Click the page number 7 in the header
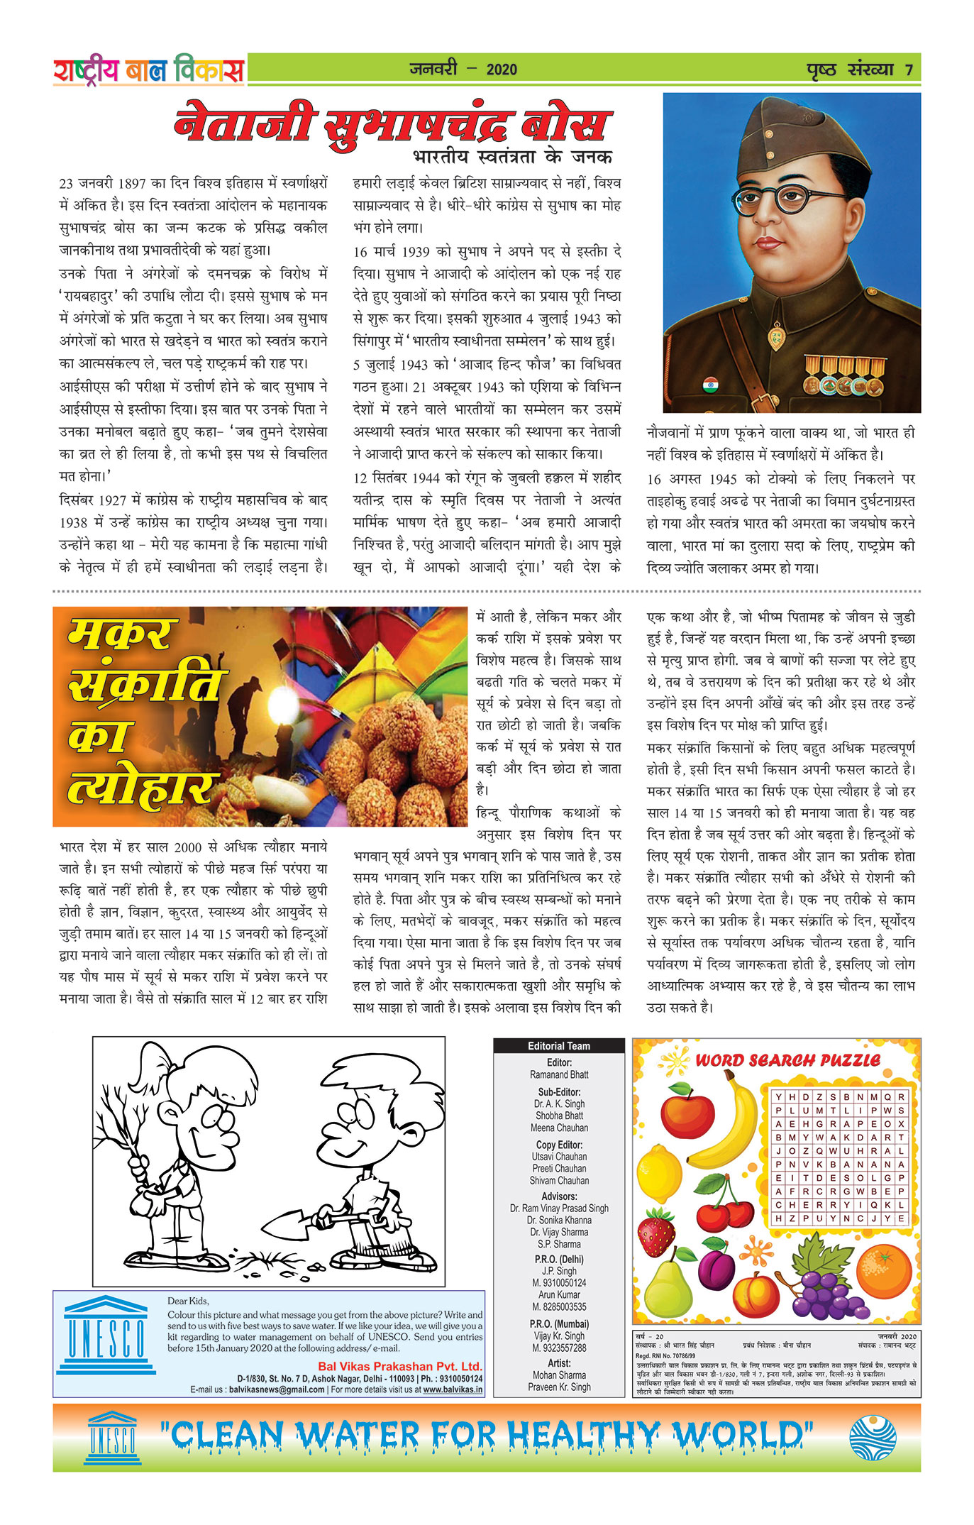click(909, 70)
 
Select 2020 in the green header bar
click(502, 70)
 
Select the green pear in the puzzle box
click(668, 1284)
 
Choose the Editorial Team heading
click(558, 1046)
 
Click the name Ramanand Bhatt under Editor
click(559, 1075)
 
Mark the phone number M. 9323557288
click(559, 1348)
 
